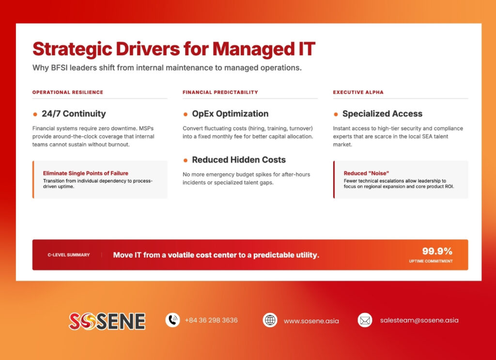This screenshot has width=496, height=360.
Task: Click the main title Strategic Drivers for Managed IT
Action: tap(173, 49)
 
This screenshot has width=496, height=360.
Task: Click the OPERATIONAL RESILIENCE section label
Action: tap(68, 92)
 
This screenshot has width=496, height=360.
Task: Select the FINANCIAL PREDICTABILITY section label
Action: tap(220, 92)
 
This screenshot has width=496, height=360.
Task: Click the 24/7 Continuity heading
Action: tap(74, 114)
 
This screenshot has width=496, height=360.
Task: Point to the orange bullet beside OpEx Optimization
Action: tap(186, 114)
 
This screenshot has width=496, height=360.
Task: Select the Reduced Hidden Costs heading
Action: tap(239, 160)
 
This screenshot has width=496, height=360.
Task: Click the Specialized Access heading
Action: tap(382, 114)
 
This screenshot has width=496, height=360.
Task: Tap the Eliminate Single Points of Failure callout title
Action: tap(86, 173)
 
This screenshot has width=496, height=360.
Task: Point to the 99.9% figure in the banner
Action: tap(437, 251)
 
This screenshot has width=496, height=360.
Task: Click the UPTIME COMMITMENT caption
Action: tap(431, 261)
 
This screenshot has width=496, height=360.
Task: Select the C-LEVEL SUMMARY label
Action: tap(68, 255)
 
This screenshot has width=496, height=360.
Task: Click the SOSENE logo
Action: tap(107, 321)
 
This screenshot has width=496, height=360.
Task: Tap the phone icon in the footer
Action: tap(172, 320)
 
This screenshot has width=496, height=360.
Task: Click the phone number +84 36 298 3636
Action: tap(211, 320)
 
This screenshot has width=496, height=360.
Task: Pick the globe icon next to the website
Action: tap(270, 320)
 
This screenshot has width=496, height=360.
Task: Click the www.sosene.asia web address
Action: tap(311, 321)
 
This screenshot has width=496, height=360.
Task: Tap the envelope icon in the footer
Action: tap(365, 320)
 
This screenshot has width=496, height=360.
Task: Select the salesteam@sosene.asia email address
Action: tap(419, 320)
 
